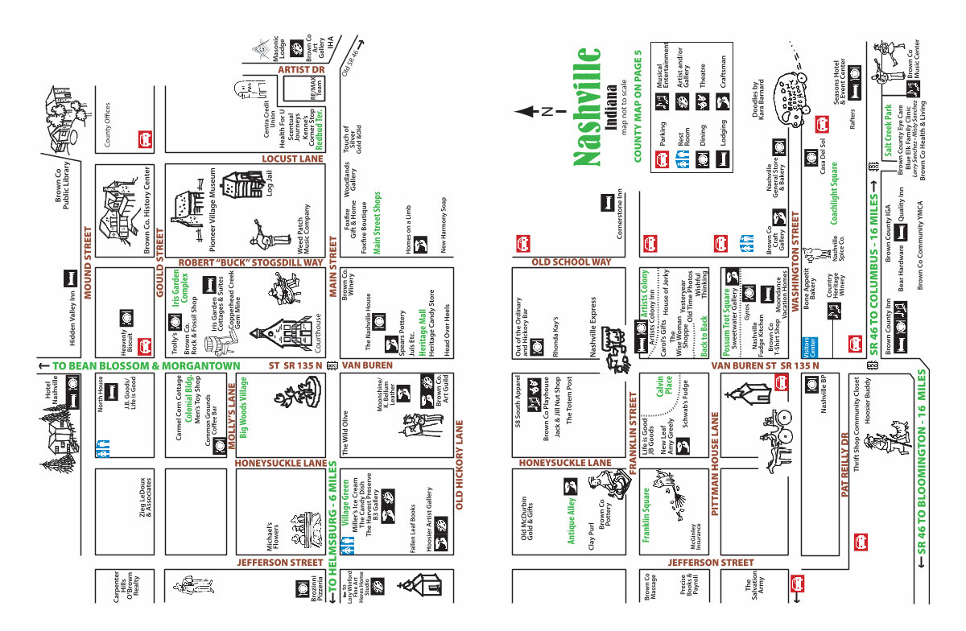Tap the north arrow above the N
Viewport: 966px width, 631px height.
[x=527, y=111]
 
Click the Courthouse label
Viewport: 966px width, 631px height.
[x=316, y=330]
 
